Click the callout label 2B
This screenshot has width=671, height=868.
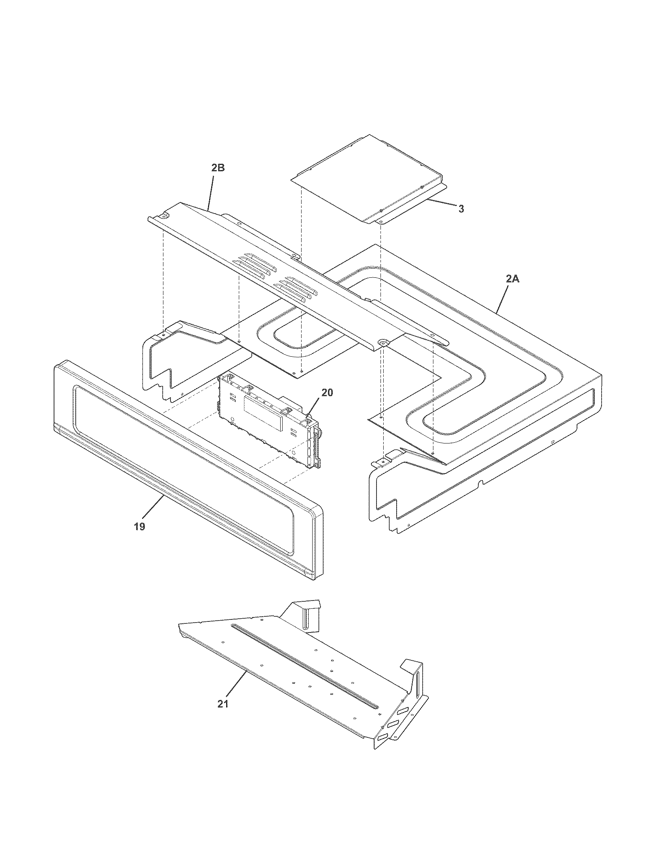pos(218,168)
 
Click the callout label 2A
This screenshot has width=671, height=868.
pos(512,279)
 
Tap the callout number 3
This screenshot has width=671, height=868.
pos(461,209)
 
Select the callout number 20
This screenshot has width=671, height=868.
pos(327,393)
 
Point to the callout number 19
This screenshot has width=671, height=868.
pos(139,527)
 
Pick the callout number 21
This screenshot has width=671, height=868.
pos(223,703)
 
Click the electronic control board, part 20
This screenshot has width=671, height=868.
pos(266,421)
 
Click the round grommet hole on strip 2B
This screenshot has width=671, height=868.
pos(384,331)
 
